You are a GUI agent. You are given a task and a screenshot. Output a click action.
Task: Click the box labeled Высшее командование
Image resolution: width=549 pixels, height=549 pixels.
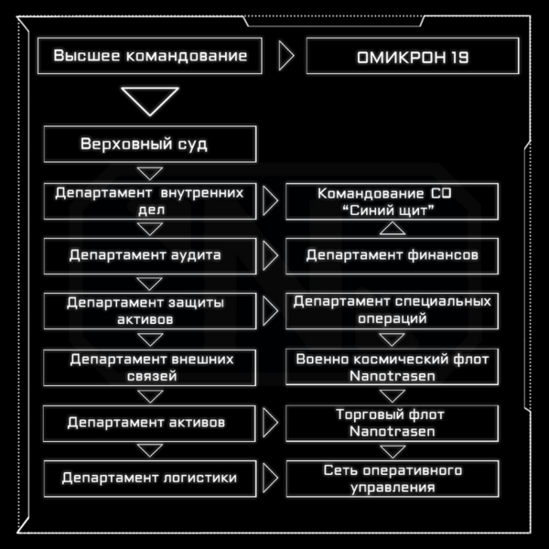(x=150, y=56)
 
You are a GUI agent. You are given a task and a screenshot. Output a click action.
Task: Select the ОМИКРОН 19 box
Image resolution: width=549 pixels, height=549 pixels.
(x=413, y=56)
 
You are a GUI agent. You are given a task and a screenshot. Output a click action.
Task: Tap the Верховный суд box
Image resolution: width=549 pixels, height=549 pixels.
(x=150, y=145)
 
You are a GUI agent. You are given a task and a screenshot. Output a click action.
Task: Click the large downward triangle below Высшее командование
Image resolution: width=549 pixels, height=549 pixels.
(x=150, y=102)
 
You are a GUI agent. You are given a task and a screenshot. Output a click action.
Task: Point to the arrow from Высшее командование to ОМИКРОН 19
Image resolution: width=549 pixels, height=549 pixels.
(x=286, y=56)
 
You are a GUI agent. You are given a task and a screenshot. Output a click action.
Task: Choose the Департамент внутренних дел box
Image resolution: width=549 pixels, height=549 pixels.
(x=150, y=201)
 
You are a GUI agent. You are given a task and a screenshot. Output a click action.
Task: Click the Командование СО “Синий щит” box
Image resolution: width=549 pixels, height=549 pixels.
(x=393, y=201)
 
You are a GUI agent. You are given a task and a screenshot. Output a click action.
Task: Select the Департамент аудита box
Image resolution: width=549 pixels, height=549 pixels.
(x=150, y=256)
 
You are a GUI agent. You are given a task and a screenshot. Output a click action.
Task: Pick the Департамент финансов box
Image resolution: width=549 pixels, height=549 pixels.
(x=393, y=256)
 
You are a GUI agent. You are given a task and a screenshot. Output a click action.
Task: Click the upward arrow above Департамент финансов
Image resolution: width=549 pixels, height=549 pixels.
(x=393, y=228)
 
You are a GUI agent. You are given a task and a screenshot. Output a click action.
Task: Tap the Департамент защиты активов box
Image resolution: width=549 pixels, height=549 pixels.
(x=150, y=311)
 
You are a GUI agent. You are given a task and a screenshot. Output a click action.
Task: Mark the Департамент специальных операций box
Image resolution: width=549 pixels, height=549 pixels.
(x=393, y=311)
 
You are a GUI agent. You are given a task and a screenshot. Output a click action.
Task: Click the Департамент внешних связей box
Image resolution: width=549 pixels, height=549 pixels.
(x=149, y=368)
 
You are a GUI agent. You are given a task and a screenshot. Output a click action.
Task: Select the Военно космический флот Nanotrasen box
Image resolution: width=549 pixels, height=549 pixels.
(x=393, y=367)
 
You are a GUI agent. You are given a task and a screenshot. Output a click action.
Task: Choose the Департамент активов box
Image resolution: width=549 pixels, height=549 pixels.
(x=149, y=424)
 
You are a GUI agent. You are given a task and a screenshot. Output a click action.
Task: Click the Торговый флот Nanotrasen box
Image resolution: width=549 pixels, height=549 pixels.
(x=393, y=424)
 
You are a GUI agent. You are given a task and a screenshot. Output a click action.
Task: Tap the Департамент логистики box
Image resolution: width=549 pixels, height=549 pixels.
(x=150, y=479)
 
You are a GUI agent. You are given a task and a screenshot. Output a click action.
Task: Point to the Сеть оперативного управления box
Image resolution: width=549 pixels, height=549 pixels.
(x=393, y=479)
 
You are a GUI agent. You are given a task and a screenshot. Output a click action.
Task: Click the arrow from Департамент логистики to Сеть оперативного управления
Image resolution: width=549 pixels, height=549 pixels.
(x=270, y=478)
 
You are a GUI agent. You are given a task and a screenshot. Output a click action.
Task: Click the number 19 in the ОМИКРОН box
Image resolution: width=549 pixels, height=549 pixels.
(x=458, y=58)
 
